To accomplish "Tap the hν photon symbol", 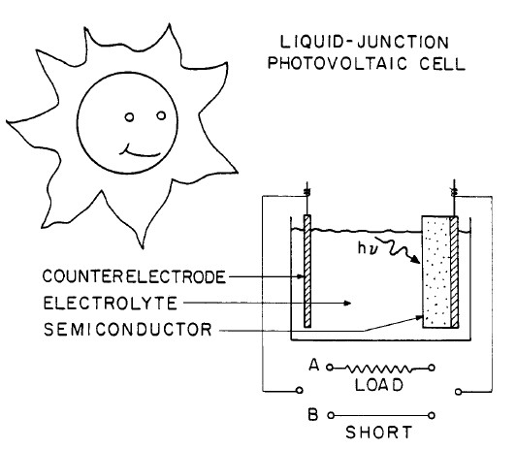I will [368, 255].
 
